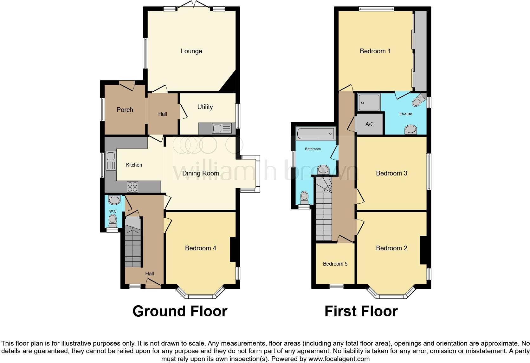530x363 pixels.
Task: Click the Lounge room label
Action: (191, 51)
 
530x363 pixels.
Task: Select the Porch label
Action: (125, 110)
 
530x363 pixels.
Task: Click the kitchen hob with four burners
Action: (132, 186)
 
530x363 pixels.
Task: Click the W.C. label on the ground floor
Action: (113, 211)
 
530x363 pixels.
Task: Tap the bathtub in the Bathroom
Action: (315, 134)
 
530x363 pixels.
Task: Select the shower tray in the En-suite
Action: (369, 102)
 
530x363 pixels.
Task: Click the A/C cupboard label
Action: (370, 124)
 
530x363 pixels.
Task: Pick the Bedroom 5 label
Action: (335, 264)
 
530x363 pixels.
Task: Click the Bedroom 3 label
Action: (391, 173)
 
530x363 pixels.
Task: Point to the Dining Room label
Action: (200, 173)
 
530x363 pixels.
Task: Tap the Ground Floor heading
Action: (180, 311)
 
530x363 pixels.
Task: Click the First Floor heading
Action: (361, 311)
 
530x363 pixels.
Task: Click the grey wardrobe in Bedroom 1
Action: (420, 51)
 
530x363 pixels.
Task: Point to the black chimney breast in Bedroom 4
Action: (233, 249)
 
